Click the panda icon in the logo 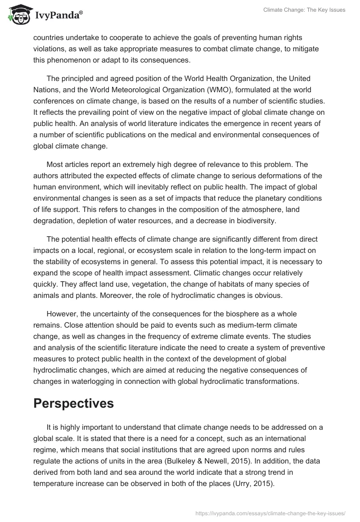(x=18, y=16)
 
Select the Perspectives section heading (x=74, y=404)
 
